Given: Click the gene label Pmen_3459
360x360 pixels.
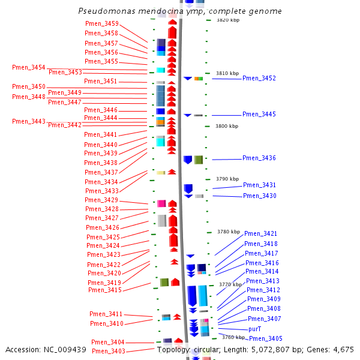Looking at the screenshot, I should tap(102, 23).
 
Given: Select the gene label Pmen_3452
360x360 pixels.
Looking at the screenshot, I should tap(259, 79).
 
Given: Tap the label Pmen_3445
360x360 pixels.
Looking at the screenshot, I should tap(259, 115).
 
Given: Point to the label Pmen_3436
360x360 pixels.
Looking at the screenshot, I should tap(259, 158).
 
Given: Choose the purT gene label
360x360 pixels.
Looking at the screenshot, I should tap(255, 329).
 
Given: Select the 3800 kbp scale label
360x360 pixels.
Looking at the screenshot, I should tap(227, 126).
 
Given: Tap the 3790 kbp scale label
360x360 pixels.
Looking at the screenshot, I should tap(227, 179).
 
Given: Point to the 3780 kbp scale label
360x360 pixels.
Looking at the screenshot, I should tap(229, 232).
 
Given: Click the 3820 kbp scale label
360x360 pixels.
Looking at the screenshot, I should tap(227, 20).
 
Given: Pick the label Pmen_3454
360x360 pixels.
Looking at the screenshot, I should tap(29, 67).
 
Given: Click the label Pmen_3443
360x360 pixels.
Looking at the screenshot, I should tap(29, 121).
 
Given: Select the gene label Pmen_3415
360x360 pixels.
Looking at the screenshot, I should tap(105, 290).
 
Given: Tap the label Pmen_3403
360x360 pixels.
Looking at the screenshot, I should tap(109, 352).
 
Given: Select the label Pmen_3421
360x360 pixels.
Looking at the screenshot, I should tap(261, 234).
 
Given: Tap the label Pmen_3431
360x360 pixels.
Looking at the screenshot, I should tap(260, 185).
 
